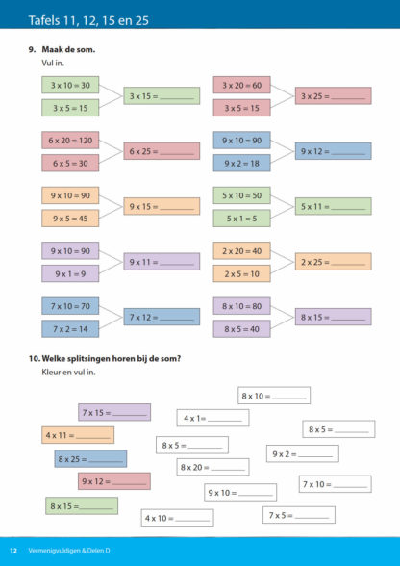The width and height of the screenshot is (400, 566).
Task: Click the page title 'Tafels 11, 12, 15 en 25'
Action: pyautogui.click(x=88, y=20)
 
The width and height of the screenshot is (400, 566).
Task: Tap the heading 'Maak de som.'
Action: pyautogui.click(x=68, y=49)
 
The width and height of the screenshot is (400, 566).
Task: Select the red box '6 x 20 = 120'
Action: pyautogui.click(x=70, y=141)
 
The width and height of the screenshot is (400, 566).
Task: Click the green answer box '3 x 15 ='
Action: pyautogui.click(x=162, y=96)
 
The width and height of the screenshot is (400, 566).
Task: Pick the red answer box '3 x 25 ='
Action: pyautogui.click(x=334, y=96)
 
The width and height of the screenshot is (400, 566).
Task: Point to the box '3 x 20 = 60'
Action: pyautogui.click(x=241, y=85)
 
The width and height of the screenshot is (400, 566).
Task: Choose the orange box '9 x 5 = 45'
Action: pyautogui.click(x=70, y=219)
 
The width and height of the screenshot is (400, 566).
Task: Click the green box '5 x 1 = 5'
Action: pyautogui.click(x=241, y=219)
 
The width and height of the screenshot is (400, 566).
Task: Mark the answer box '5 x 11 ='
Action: pyautogui.click(x=334, y=206)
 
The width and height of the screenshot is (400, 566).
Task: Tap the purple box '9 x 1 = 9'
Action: pyautogui.click(x=70, y=273)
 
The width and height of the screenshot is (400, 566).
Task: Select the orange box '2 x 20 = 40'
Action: pyautogui.click(x=241, y=251)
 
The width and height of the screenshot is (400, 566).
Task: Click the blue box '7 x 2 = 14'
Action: pyautogui.click(x=70, y=329)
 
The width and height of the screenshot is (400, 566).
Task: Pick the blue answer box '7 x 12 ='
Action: pyautogui.click(x=162, y=317)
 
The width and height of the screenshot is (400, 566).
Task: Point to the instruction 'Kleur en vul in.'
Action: pyautogui.click(x=69, y=373)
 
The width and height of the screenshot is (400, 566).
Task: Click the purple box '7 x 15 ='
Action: pyautogui.click(x=114, y=412)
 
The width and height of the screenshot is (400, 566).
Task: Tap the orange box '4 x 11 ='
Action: pyautogui.click(x=78, y=435)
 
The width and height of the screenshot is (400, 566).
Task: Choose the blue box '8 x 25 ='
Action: pyautogui.click(x=90, y=459)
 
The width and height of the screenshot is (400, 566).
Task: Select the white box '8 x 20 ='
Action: pyautogui.click(x=212, y=467)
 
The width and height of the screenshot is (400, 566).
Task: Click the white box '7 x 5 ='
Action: pyautogui.click(x=299, y=515)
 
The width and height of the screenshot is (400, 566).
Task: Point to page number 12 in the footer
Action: pyautogui.click(x=13, y=551)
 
